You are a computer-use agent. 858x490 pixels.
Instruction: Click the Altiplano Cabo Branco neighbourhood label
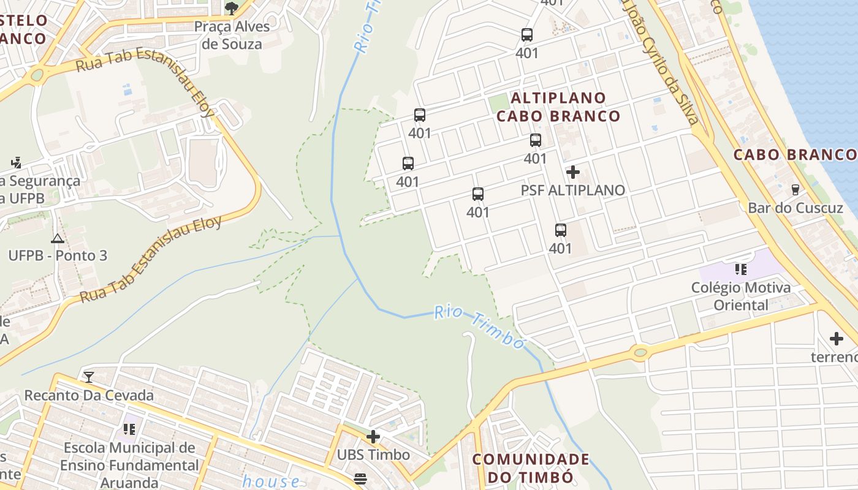click(x=558, y=107)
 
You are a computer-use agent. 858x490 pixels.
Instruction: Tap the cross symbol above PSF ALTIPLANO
click(x=573, y=172)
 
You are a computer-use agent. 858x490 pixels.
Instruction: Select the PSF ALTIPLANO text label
click(x=573, y=190)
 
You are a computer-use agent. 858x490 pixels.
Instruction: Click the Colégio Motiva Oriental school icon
click(x=740, y=269)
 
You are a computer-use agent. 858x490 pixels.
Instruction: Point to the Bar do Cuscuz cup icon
click(x=795, y=189)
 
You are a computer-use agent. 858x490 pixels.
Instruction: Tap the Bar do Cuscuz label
click(x=795, y=208)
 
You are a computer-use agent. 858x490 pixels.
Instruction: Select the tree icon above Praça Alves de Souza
click(x=231, y=8)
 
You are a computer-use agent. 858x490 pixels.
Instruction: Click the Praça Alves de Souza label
click(x=232, y=36)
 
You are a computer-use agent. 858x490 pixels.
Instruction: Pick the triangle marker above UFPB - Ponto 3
click(x=58, y=238)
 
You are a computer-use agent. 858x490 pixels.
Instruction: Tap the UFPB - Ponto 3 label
click(x=58, y=255)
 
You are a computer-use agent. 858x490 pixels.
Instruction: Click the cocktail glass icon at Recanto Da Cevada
click(x=89, y=377)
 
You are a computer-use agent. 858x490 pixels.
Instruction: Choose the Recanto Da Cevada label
click(x=89, y=395)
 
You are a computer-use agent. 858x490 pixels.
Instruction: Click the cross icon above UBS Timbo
click(x=373, y=437)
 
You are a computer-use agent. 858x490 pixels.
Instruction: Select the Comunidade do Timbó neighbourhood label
click(x=531, y=468)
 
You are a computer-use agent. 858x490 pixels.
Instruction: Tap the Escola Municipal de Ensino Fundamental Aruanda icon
click(x=129, y=429)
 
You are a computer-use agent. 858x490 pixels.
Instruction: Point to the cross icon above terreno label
click(x=837, y=338)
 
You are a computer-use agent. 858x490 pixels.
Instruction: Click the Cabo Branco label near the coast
click(x=795, y=154)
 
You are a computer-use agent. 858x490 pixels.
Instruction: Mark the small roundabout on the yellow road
click(x=640, y=352)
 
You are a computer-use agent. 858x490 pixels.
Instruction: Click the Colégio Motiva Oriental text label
click(x=740, y=296)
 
